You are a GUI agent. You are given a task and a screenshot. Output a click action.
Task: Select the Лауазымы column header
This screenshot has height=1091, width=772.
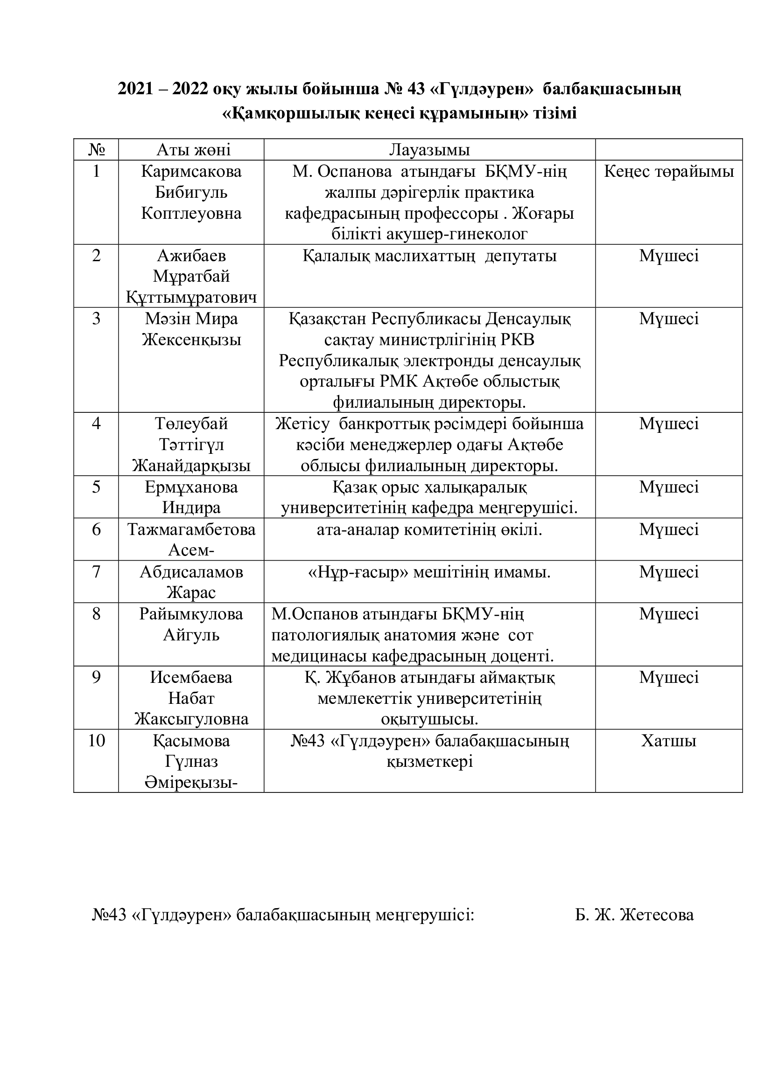429,150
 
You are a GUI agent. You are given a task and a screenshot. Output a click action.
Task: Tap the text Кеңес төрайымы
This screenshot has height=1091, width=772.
669,172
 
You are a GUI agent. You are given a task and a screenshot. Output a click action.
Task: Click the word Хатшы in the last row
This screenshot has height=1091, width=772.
668,741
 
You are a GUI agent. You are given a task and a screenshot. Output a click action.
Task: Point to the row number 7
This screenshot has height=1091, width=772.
96,572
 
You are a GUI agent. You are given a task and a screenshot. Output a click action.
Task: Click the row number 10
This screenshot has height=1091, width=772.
96,741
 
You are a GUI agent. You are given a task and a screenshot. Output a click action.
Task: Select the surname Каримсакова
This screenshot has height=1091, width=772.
191,172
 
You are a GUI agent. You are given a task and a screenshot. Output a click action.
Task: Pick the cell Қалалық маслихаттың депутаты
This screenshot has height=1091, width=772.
429,256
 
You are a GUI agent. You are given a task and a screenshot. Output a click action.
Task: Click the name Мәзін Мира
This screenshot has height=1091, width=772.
191,319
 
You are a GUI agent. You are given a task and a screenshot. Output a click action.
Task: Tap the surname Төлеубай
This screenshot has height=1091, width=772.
191,424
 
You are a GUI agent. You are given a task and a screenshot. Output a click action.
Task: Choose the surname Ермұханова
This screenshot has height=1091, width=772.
191,487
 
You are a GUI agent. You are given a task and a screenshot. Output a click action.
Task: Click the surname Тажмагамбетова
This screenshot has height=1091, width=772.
191,529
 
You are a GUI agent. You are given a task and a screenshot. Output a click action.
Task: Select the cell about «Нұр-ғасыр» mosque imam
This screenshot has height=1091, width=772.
429,572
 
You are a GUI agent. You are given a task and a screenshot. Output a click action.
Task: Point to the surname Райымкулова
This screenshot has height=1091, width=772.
191,614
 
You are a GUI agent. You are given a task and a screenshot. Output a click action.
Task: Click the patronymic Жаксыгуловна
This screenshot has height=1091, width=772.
191,719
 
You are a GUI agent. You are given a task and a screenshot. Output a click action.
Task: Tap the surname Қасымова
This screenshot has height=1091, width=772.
191,741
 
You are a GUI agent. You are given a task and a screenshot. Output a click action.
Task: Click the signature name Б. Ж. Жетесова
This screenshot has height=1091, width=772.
634,915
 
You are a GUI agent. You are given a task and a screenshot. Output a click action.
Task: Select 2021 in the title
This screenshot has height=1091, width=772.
137,89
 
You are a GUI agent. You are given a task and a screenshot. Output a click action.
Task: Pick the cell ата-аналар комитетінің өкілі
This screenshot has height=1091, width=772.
429,530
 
